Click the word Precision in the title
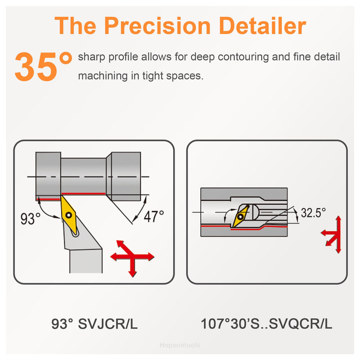pos(157,26)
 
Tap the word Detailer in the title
pos(262,26)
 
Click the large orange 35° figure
pos(43,66)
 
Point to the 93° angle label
pos(30,219)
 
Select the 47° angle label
pos(154,216)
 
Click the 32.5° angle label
pos(313,212)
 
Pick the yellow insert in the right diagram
pos(241,216)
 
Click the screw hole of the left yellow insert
pos(69,215)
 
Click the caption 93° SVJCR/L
pos(94,324)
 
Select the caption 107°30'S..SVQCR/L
pos(266,324)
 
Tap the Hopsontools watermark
pos(180,345)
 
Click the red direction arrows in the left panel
pos(132,257)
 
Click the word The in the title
pos(75,26)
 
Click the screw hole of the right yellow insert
pos(240,216)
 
